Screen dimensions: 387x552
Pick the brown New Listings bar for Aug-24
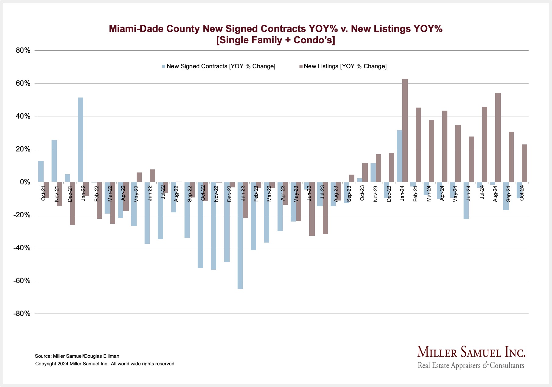point(498,137)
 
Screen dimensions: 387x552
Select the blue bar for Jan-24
point(400,156)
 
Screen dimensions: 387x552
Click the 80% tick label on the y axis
point(23,51)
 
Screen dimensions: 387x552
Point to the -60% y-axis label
point(22,281)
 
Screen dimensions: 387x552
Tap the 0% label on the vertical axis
point(25,182)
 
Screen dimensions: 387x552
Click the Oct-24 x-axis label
point(522,193)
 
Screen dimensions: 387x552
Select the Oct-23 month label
point(362,193)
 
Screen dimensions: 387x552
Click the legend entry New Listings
point(345,66)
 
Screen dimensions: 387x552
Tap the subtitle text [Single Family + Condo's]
point(276,40)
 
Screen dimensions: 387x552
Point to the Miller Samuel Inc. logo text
point(471,353)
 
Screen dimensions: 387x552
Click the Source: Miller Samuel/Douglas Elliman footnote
point(77,356)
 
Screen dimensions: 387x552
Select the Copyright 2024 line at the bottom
point(105,364)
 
